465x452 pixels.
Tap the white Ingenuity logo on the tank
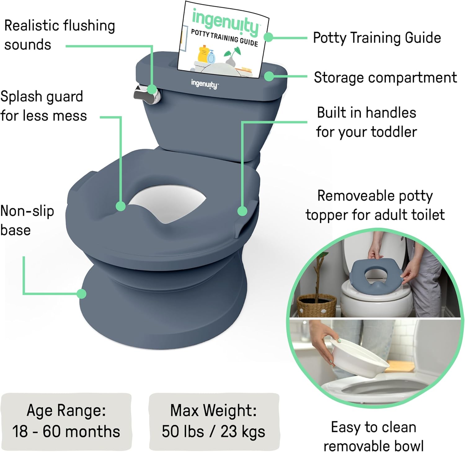tap(205, 84)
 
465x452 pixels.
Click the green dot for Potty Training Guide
tap(268, 37)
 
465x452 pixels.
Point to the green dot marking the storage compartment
tap(269, 76)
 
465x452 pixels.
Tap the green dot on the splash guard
tap(121, 206)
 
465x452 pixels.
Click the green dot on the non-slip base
tap(82, 293)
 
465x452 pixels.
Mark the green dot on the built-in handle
tap(242, 211)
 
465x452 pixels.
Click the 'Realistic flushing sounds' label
tap(60, 35)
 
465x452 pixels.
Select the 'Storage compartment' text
tap(385, 77)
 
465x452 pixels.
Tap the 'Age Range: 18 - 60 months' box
tap(66, 421)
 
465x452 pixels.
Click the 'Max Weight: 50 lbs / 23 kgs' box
tap(214, 421)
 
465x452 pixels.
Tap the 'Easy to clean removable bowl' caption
tap(373, 437)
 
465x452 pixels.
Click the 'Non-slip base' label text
tap(27, 221)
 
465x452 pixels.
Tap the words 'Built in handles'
tap(366, 112)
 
